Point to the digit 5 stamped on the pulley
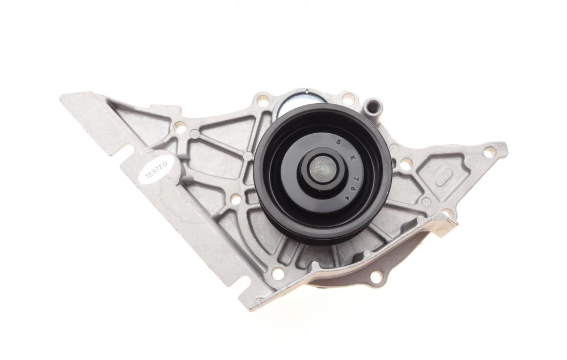click(339, 142)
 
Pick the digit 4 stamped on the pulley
click(347, 198)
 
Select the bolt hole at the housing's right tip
click(489, 152)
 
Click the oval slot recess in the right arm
click(443, 176)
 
